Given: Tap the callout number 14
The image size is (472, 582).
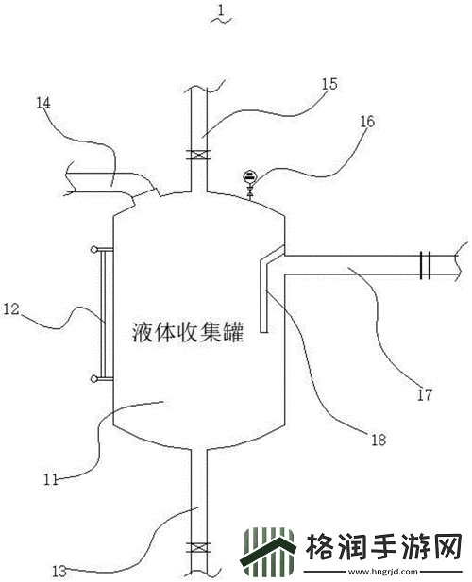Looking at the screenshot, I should [42, 103].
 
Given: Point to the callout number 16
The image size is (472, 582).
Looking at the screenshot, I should [366, 123].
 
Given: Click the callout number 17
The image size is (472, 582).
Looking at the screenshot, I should [424, 394].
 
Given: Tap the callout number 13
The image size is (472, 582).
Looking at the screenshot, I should [59, 571].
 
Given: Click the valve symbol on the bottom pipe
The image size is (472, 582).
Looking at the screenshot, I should [197, 547].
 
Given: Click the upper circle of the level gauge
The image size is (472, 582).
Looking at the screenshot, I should [93, 250].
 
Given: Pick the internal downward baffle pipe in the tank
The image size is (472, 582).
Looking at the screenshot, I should [265, 297].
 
